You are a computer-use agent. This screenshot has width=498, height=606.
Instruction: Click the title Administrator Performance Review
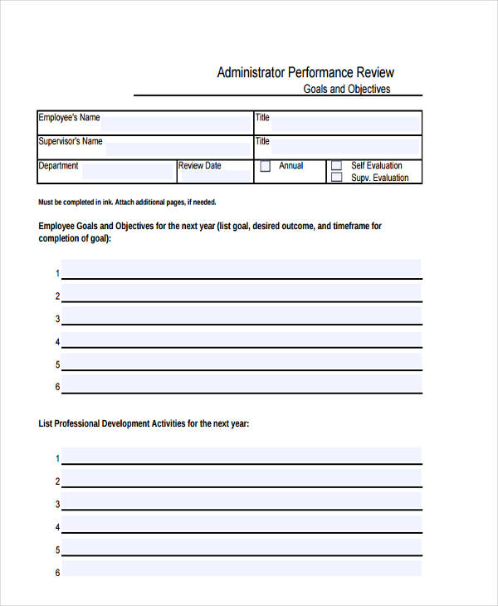(x=305, y=72)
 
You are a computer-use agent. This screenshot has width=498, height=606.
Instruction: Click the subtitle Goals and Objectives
(x=347, y=89)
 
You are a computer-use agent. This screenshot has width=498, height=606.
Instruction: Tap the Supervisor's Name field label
(x=71, y=141)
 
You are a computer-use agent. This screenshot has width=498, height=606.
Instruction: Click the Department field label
(x=58, y=166)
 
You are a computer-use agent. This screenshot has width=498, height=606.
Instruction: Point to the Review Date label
(x=200, y=166)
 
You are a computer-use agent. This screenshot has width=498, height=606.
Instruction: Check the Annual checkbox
(x=266, y=166)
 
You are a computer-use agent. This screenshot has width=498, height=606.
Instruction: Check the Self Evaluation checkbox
(x=336, y=166)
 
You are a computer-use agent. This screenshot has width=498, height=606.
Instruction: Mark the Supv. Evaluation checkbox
(x=336, y=177)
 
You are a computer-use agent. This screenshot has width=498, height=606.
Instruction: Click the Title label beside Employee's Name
(x=262, y=118)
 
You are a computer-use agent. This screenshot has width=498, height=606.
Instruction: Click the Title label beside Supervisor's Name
(x=262, y=141)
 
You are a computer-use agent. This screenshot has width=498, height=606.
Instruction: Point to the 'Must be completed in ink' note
(x=128, y=203)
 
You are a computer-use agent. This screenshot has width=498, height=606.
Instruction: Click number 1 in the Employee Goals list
(x=57, y=274)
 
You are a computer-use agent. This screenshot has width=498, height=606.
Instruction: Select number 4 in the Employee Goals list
(x=57, y=342)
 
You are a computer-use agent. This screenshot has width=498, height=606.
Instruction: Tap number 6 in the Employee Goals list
(x=57, y=387)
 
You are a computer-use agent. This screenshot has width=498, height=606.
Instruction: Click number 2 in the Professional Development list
(x=57, y=481)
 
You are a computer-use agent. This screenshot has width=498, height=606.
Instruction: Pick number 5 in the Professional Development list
(x=57, y=550)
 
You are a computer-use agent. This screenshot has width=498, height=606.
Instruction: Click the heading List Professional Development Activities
(x=144, y=423)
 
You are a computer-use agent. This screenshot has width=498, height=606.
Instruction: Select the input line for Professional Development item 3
(x=241, y=502)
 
